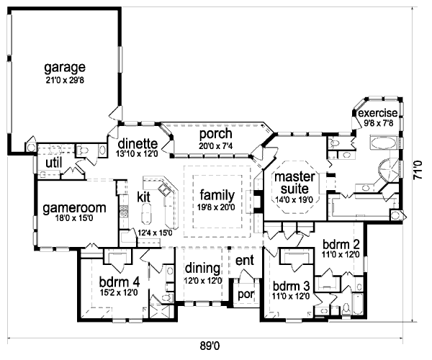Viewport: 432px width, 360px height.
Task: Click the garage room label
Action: click(x=65, y=68)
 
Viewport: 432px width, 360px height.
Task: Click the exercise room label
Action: click(x=378, y=114)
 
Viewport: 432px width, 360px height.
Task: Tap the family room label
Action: click(x=217, y=194)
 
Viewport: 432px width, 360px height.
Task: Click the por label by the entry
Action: click(x=243, y=296)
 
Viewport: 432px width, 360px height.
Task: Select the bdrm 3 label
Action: click(x=291, y=284)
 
